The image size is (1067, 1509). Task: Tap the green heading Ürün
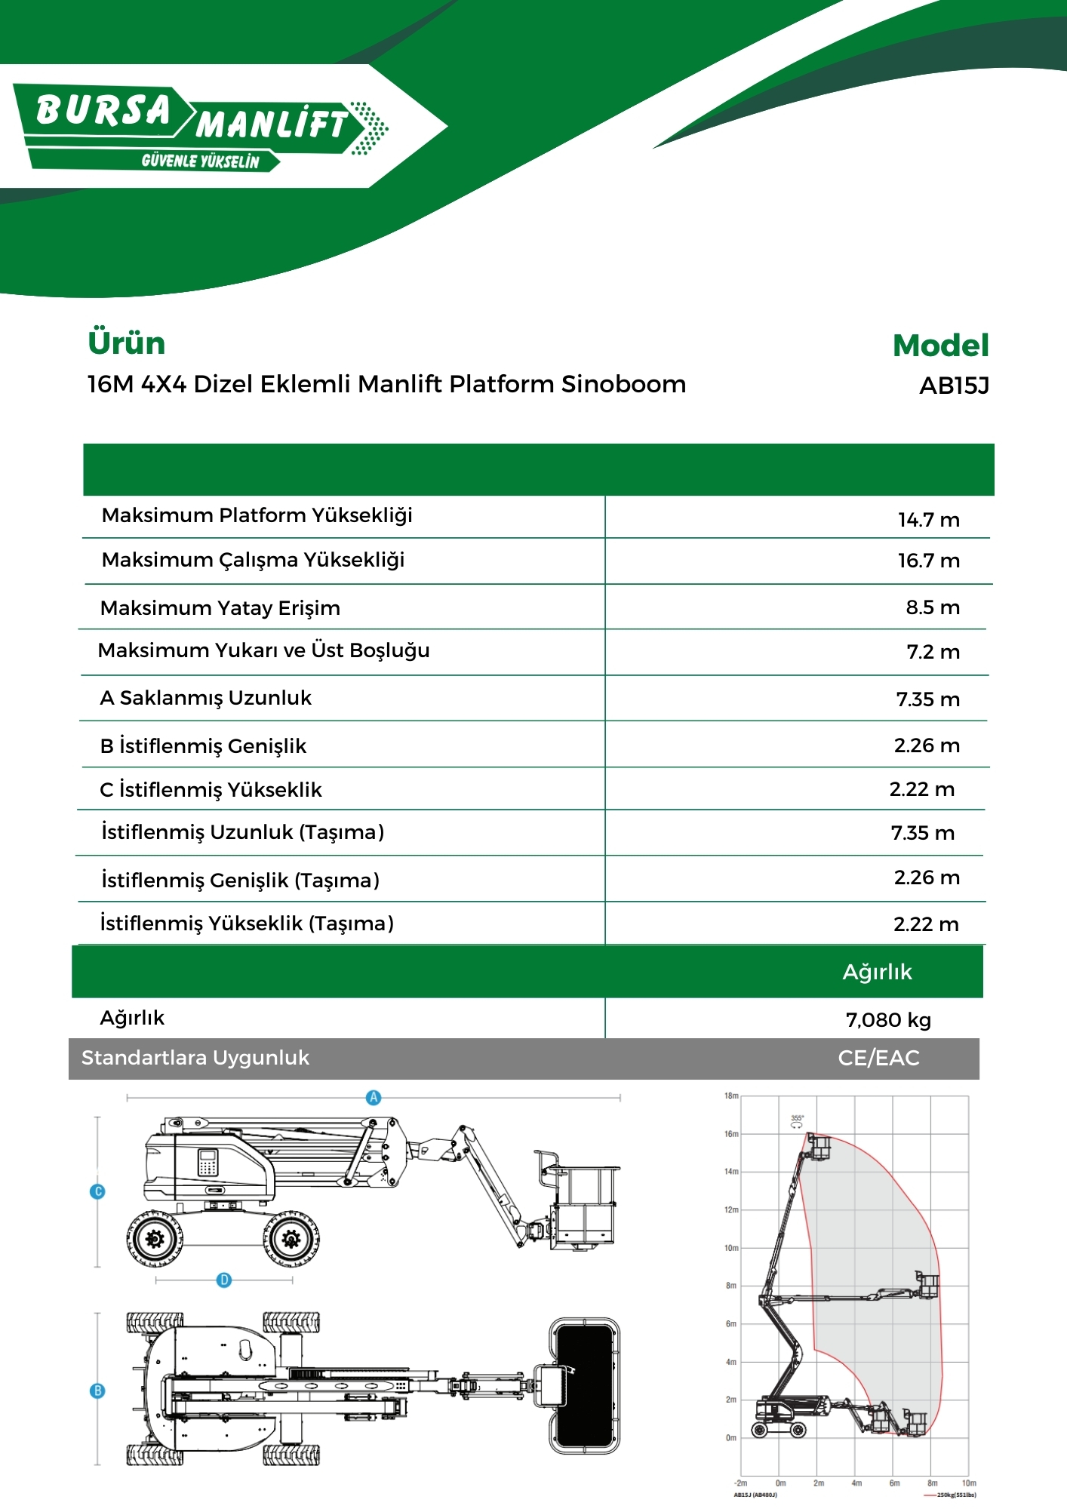coord(126,343)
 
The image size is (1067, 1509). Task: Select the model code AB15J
coord(954,386)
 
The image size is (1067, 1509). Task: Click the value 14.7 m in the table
coord(928,520)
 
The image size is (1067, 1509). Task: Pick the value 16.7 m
coord(928,561)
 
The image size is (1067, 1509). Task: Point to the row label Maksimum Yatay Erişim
coord(220,608)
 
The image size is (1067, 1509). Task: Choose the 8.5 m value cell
coord(933,607)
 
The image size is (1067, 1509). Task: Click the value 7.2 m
coord(933,652)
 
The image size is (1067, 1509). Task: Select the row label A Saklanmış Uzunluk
coord(205,698)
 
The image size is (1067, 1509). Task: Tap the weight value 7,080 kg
coord(888,1020)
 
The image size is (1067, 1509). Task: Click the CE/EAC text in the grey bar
coord(878,1058)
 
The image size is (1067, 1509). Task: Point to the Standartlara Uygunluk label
coord(195,1058)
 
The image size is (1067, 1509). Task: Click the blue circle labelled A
coord(374,1098)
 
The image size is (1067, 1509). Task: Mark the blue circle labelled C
coord(97,1192)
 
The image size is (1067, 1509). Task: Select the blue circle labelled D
coord(224,1280)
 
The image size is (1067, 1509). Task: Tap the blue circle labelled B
coord(97,1391)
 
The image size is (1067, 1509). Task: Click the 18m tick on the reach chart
coord(730,1096)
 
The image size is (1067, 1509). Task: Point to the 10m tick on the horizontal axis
coord(969,1483)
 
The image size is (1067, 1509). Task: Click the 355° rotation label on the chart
coord(797,1118)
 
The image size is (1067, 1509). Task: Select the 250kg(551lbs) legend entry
coord(955,1495)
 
